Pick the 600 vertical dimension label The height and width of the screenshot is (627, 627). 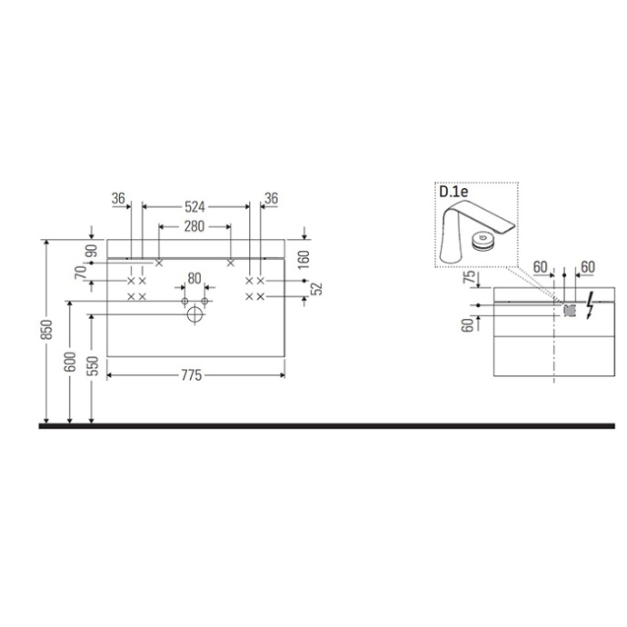pyautogui.click(x=70, y=362)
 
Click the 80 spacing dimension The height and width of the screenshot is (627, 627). pyautogui.click(x=194, y=278)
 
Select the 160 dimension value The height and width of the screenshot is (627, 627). pyautogui.click(x=304, y=260)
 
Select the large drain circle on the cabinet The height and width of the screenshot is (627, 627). pyautogui.click(x=194, y=315)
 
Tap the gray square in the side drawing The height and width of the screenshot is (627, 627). pyautogui.click(x=571, y=309)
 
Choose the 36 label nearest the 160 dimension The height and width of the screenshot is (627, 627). pyautogui.click(x=271, y=198)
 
